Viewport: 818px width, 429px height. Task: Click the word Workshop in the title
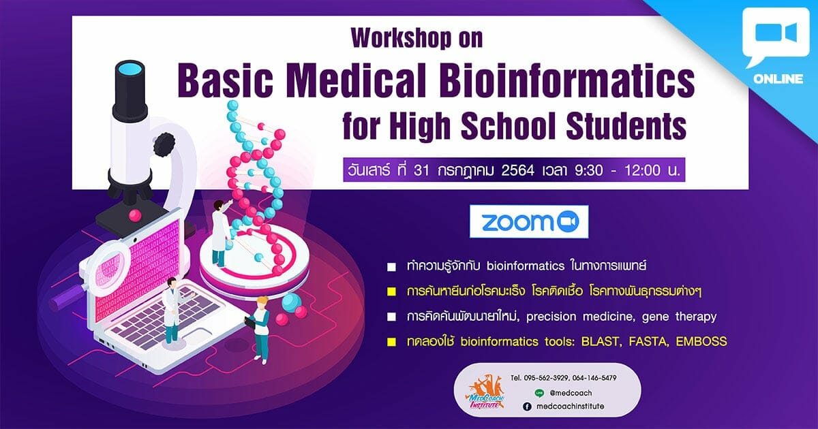tap(401, 38)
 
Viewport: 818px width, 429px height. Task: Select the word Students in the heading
tap(626, 125)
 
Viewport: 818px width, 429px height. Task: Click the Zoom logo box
tap(529, 221)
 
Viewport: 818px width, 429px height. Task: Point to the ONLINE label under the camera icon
tap(778, 79)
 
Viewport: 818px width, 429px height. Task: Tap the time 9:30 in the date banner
tap(588, 170)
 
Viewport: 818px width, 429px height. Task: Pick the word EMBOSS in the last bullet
tap(701, 341)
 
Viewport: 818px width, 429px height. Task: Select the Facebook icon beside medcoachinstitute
tap(527, 407)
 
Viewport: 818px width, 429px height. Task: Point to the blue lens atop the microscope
tap(130, 68)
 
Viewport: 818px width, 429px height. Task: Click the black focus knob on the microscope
tap(164, 146)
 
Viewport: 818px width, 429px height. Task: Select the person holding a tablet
tap(260, 330)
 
